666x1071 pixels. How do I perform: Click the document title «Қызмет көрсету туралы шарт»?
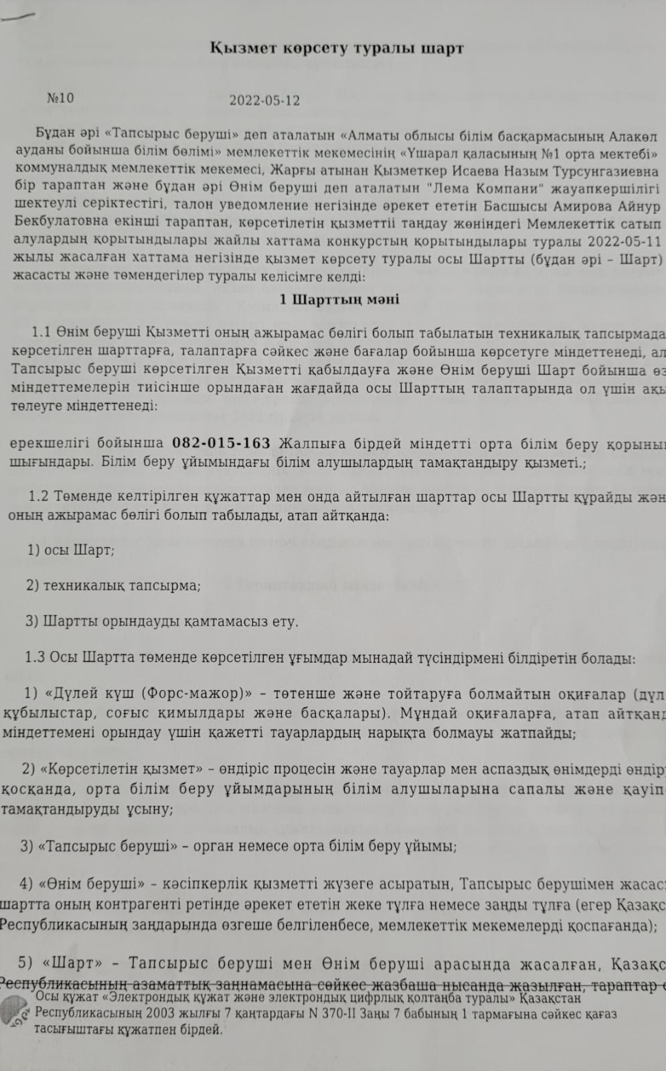coord(337,49)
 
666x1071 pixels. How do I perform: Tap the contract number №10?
coord(60,98)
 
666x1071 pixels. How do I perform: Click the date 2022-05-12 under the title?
coord(264,101)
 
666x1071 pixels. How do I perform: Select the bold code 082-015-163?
coord(222,443)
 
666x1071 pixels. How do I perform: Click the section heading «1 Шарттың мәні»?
coord(339,299)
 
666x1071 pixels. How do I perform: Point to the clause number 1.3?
coord(35,657)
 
